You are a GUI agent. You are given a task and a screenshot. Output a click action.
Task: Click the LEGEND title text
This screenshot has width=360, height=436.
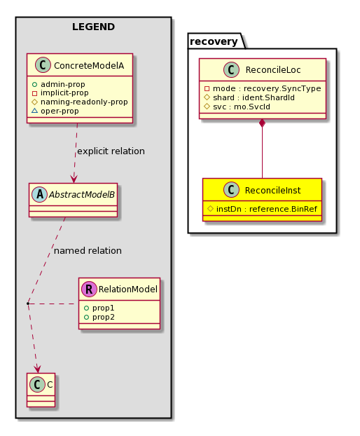(x=93, y=27)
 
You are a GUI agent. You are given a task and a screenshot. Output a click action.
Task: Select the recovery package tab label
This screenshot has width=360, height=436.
(x=214, y=41)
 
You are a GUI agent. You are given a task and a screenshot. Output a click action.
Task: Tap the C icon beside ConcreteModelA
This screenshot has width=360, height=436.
(x=43, y=65)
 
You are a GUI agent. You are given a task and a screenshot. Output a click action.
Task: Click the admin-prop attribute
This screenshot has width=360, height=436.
(x=63, y=84)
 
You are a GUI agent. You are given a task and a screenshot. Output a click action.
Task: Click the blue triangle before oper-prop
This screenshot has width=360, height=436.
(x=34, y=111)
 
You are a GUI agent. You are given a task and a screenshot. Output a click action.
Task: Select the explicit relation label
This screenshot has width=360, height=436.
(x=111, y=151)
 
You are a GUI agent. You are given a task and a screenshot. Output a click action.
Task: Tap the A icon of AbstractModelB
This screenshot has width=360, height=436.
(x=39, y=194)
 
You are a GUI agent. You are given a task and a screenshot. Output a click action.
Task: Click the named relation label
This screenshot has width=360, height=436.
(x=88, y=251)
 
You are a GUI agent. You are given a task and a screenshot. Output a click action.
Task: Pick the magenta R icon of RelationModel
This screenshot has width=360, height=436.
(x=89, y=289)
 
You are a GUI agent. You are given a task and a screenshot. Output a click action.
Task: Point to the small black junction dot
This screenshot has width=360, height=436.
(x=28, y=304)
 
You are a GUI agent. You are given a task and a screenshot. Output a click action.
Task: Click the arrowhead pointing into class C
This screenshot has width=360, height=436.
(x=38, y=369)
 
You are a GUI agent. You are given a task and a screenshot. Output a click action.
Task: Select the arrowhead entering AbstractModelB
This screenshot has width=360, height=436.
(x=74, y=179)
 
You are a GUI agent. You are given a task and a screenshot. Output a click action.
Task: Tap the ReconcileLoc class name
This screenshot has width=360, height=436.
(x=272, y=70)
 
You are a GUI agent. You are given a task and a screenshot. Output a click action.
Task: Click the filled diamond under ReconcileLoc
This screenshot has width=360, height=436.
(x=262, y=123)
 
